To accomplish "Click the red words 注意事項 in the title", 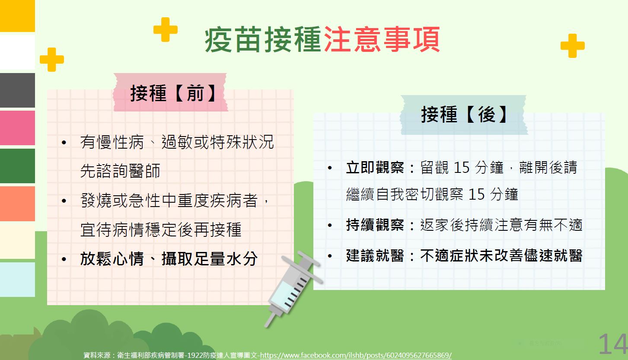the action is pos(382,39).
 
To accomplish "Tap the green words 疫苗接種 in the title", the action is pos(263,39).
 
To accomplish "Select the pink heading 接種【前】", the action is pos(173,93).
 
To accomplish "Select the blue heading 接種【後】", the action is pos(464,115).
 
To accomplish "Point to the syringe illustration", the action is pos(293,289).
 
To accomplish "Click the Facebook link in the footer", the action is pos(356,355).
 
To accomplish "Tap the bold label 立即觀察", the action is pos(375,168).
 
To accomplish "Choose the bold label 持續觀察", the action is pos(375,225).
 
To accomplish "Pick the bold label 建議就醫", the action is pos(375,256).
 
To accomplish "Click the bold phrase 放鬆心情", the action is pos(112,258).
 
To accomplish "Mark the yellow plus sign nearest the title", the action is pos(166,29).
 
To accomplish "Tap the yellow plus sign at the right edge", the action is pos(573,46).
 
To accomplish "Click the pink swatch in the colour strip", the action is pos(17,128).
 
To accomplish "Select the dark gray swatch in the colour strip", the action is pos(17,90).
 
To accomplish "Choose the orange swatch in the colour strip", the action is pos(17,204).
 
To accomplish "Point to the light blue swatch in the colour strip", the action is pos(17,280).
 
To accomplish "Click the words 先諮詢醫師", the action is pos(120,171).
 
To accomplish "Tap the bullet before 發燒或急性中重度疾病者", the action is pos(64,201).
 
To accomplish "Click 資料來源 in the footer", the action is pos(97,355).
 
